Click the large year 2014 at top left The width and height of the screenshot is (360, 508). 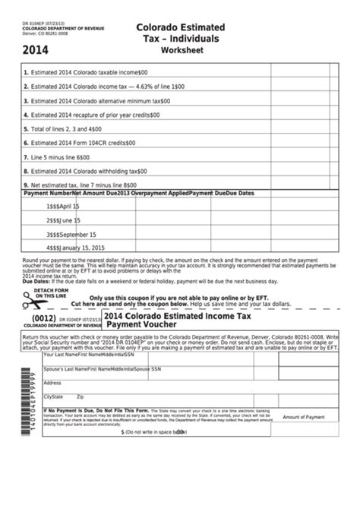tap(38, 54)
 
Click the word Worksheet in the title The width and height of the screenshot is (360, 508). tap(183, 51)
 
